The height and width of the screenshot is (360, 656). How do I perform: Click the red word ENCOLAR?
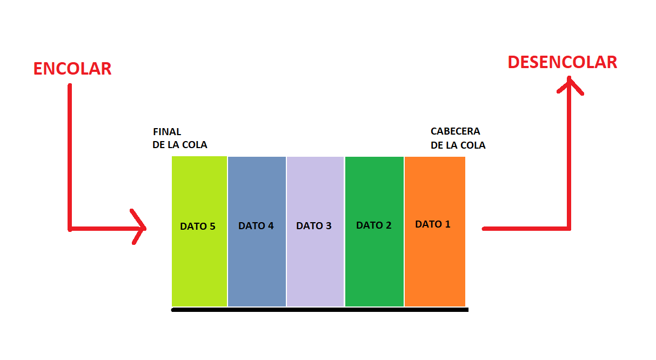[x=72, y=69]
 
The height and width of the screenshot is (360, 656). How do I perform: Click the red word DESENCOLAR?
[x=562, y=62]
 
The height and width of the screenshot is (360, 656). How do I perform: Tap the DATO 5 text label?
[x=198, y=226]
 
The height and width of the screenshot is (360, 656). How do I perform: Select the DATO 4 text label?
[x=256, y=226]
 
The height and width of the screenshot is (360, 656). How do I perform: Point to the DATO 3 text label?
[x=314, y=226]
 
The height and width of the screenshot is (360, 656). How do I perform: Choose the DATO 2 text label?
[x=374, y=225]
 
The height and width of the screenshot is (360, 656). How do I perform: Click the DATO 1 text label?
[x=433, y=224]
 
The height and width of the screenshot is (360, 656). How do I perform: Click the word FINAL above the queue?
[x=167, y=132]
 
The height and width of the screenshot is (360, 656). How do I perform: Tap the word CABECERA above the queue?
[x=456, y=131]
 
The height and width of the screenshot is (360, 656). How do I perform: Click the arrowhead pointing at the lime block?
[x=142, y=228]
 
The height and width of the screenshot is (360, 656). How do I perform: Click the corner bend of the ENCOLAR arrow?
[x=70, y=228]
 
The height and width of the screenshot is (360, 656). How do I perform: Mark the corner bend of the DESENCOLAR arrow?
[x=568, y=228]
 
